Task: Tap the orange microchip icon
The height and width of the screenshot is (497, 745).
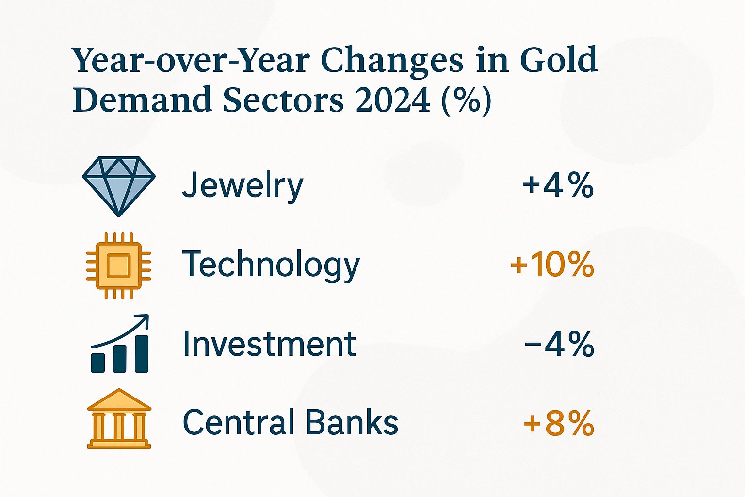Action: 118,265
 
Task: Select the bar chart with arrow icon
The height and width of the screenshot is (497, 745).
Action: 120,344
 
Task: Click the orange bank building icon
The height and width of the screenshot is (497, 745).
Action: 119,419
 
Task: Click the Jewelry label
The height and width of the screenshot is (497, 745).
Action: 243,186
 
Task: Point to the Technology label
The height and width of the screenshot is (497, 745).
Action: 271,265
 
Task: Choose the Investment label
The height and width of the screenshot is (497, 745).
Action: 269,344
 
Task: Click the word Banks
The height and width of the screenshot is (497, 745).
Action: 352,422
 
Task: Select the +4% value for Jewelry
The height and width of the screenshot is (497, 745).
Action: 558,185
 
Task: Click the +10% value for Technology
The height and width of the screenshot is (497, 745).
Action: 552,265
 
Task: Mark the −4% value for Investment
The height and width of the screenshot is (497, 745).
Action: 559,344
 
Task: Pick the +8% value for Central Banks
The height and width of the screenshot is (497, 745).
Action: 559,423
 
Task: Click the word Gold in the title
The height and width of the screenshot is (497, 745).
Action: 559,60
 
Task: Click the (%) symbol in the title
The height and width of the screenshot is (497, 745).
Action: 466,100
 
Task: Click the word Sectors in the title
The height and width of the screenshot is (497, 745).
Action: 283,99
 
